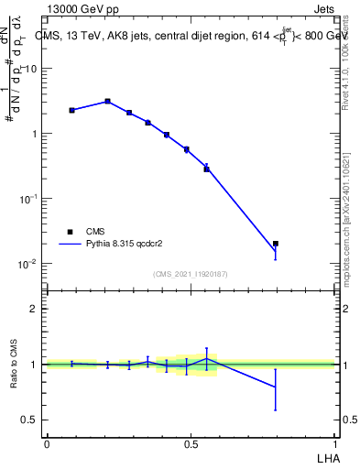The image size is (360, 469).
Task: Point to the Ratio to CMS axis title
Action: coord(13,365)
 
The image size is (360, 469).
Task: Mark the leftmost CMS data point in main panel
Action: coord(71,110)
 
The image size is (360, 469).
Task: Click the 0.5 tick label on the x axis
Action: coord(191,442)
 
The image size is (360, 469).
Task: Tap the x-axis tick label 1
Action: coord(335,442)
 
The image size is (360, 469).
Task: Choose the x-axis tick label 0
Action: coord(47,442)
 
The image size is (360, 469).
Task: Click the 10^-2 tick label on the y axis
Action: coord(28,264)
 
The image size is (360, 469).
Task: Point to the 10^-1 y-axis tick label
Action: coord(28,199)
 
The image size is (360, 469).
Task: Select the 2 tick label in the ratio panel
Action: coord(34,309)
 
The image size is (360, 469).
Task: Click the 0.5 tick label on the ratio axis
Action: coord(29,420)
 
